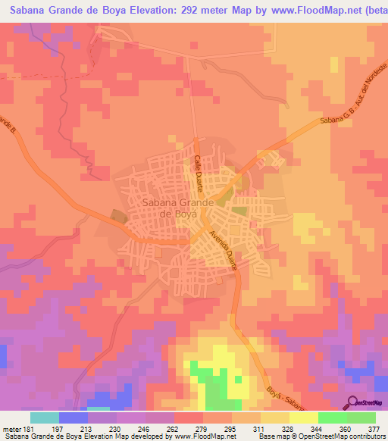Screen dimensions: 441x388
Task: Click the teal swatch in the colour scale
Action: (45, 417)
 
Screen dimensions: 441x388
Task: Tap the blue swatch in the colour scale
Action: (74, 417)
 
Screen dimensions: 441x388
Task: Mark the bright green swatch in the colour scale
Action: (333, 417)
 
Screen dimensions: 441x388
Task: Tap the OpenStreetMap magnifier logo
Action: (352, 402)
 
